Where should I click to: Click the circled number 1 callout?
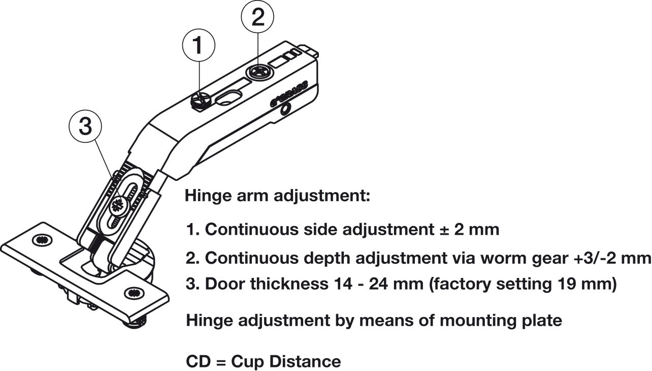[x=199, y=45]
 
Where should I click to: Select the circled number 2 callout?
[x=258, y=18]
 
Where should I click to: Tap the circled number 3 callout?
[x=85, y=127]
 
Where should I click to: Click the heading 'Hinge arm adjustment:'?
[x=277, y=196]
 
